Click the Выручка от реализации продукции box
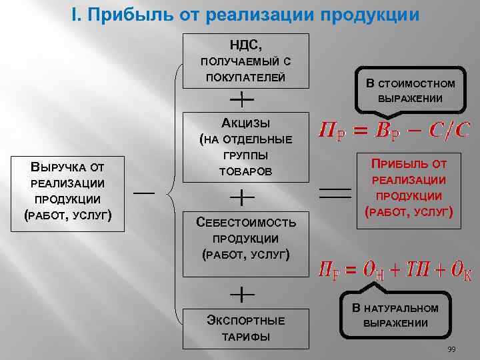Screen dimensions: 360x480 67,191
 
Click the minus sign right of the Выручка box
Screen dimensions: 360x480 143,193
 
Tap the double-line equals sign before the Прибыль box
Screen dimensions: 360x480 336,192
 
